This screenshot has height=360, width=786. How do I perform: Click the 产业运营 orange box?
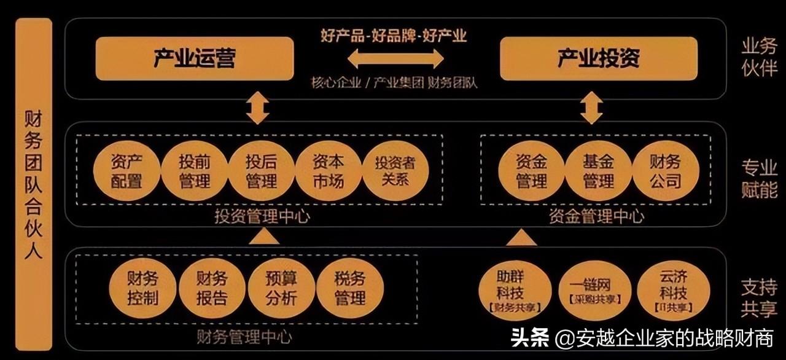coord(195,58)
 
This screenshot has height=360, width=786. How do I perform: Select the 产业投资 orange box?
coord(599,58)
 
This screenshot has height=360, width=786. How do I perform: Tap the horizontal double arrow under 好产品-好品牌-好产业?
coord(396,59)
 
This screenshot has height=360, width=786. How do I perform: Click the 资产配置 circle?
coord(126,171)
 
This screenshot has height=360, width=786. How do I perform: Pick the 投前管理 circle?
coord(194,171)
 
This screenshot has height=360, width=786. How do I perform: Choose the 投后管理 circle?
coord(261,171)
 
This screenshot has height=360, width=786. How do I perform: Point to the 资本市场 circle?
coord(329,171)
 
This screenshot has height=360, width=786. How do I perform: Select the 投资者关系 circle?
coord(395,171)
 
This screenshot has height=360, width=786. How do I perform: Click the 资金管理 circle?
coord(531,171)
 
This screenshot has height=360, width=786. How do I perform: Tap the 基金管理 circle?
coord(599,171)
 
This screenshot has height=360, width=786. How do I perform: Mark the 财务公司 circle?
coord(666,171)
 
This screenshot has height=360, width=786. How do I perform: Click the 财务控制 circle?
coord(142,288)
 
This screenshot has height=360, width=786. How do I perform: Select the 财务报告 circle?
coord(212,288)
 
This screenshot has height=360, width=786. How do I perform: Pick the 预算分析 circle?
coord(281,288)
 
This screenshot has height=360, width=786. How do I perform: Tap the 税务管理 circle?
coord(350,288)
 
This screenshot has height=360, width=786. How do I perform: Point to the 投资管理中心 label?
coord(262,216)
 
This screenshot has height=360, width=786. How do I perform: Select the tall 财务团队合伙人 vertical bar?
coord(34,184)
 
